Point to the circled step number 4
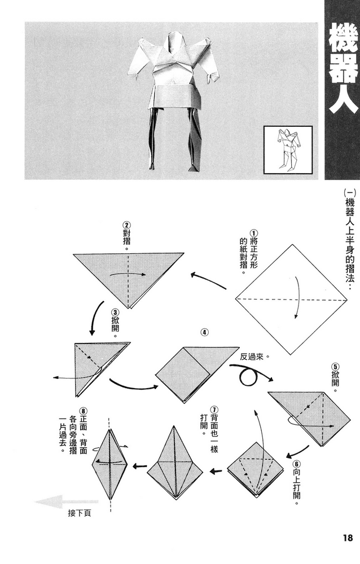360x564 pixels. [x=204, y=333]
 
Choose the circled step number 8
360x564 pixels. [x=84, y=411]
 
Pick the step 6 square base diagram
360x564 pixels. [x=257, y=468]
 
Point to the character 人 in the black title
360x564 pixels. [x=342, y=102]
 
